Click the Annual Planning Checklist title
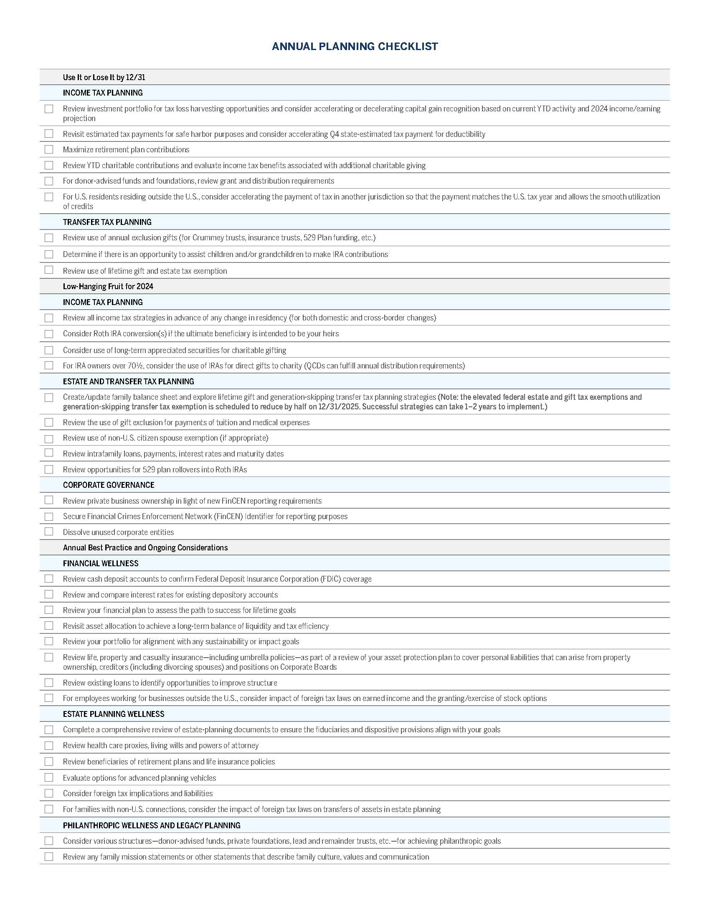[x=355, y=46]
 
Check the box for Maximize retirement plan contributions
[x=49, y=150]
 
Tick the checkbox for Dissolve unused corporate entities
[x=49, y=532]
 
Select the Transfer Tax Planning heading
[x=107, y=222]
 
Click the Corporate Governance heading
[x=109, y=485]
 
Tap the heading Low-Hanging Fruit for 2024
[x=108, y=287]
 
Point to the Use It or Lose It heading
[x=104, y=77]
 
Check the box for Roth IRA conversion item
[x=49, y=334]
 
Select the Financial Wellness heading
[x=101, y=563]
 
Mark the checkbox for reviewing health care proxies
[x=49, y=746]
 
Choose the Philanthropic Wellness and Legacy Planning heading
[x=152, y=825]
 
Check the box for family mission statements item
[x=49, y=857]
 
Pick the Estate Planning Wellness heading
[x=114, y=714]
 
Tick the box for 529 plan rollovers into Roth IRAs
[x=49, y=469]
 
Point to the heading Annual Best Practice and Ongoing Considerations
[x=145, y=548]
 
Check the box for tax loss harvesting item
[x=49, y=109]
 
